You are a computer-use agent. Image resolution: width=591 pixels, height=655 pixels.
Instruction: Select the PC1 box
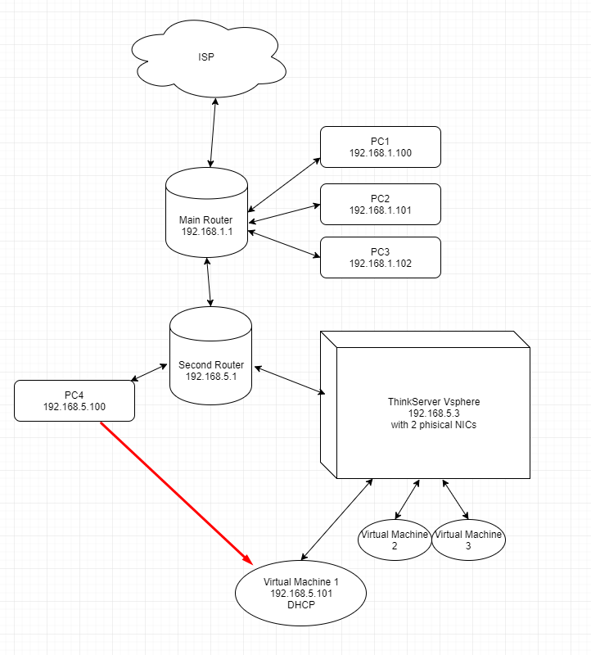coord(380,147)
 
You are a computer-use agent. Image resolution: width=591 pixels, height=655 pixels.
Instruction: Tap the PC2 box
coord(380,204)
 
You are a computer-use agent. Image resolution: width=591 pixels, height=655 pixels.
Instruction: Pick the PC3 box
coord(380,257)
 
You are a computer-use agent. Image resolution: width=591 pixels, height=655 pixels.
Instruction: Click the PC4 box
coord(74,400)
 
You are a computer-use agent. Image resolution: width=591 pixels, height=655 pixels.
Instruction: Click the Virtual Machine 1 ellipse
coord(300,593)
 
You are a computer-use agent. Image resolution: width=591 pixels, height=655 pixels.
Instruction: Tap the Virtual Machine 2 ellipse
coord(394,540)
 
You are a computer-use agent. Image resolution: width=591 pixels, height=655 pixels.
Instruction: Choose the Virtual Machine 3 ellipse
coord(468,540)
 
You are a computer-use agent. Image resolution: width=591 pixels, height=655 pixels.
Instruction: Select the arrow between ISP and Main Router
coord(214,133)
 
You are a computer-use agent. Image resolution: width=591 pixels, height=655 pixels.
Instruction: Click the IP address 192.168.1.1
coord(206,232)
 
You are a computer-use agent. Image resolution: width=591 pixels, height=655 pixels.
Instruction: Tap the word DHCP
coord(300,605)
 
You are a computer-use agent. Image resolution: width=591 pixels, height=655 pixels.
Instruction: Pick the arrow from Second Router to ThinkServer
coord(287,377)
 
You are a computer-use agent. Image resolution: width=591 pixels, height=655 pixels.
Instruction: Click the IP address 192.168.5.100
coord(74,407)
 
